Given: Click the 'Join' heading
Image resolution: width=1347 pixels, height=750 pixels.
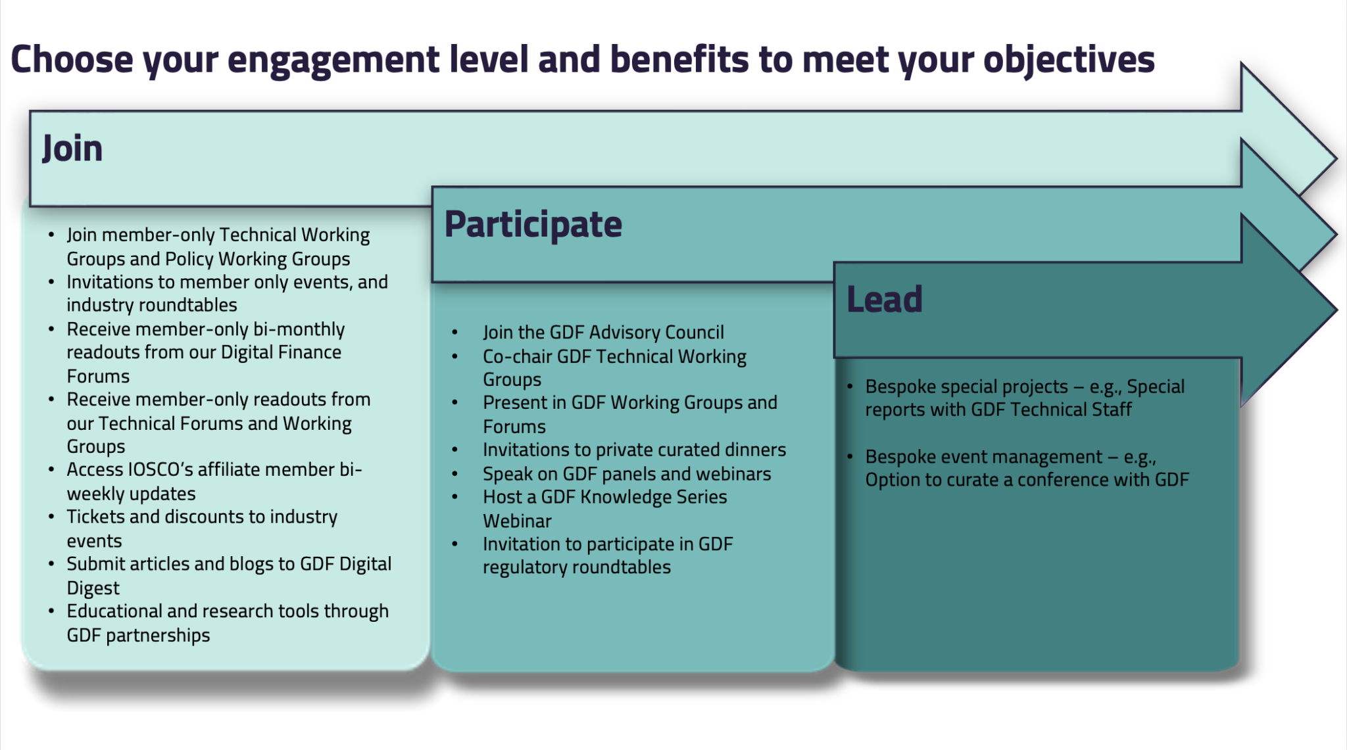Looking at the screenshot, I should (x=72, y=149).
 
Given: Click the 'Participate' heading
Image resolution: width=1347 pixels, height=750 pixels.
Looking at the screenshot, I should (x=533, y=225).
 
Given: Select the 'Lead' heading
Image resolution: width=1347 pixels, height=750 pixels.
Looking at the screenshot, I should (x=884, y=300).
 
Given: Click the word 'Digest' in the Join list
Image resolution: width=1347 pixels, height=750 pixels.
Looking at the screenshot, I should (x=93, y=588).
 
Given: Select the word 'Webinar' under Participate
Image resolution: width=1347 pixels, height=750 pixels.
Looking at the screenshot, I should (x=517, y=521).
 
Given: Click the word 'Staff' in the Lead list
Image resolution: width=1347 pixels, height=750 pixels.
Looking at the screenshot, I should (x=1112, y=410).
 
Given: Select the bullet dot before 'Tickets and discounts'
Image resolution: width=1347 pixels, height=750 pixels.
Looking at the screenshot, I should (x=51, y=517).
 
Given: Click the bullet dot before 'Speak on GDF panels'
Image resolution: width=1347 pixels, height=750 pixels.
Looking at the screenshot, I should (x=454, y=474).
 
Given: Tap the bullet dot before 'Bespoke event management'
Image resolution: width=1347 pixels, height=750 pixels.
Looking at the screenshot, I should (x=850, y=456).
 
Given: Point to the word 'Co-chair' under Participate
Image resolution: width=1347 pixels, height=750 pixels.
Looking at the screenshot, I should (x=517, y=356).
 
